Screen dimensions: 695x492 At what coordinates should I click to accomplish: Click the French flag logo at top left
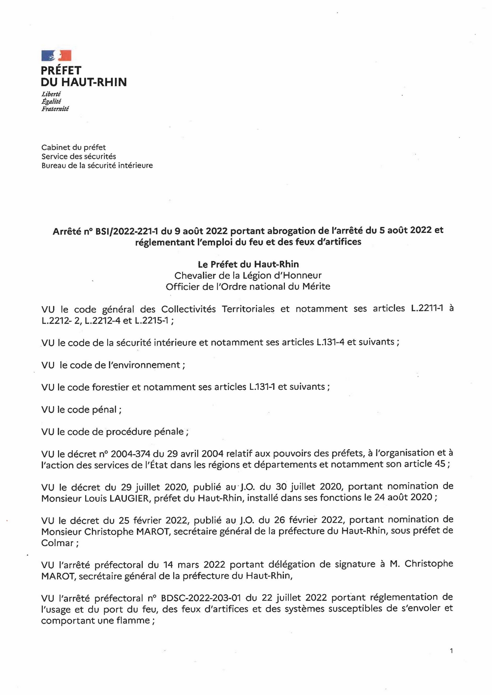56,56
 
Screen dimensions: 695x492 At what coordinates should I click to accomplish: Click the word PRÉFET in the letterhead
61,71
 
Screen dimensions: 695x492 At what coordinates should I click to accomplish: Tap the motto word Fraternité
55,109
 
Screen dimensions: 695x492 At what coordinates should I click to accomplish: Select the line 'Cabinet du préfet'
73,147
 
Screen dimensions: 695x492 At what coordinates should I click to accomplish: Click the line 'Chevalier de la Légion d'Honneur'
248,275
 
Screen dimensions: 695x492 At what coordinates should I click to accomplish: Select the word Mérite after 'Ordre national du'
315,287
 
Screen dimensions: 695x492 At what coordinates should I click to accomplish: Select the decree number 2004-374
130,454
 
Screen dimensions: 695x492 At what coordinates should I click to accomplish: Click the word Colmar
57,543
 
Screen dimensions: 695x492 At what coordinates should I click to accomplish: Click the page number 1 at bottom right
451,651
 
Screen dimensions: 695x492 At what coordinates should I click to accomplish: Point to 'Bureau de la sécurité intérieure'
97,166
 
